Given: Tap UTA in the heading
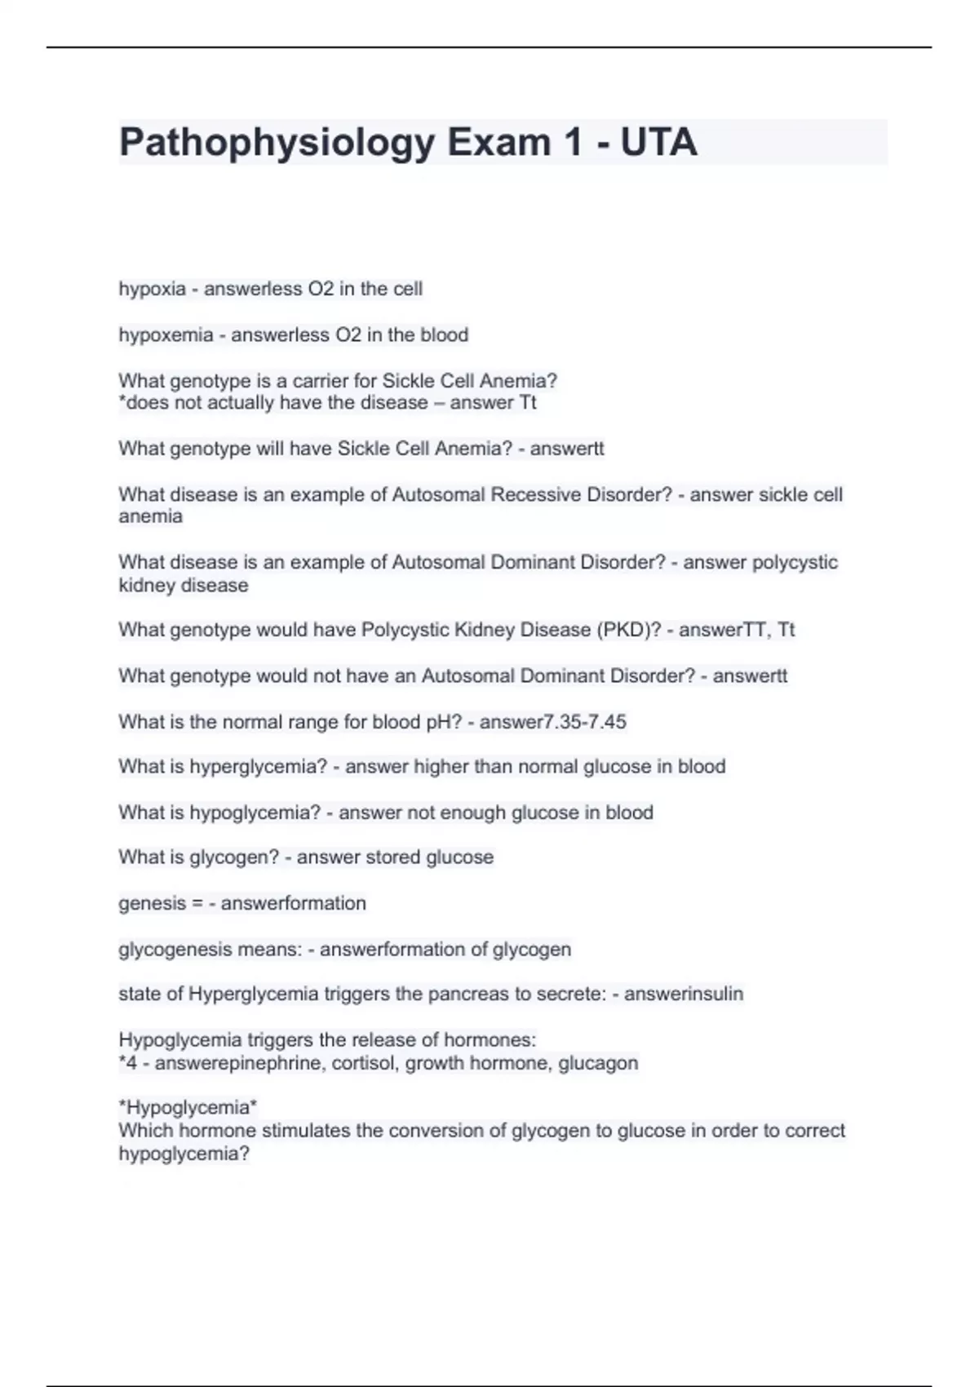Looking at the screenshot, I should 658,143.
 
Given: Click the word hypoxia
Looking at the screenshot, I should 152,289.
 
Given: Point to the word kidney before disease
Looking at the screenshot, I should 148,586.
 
